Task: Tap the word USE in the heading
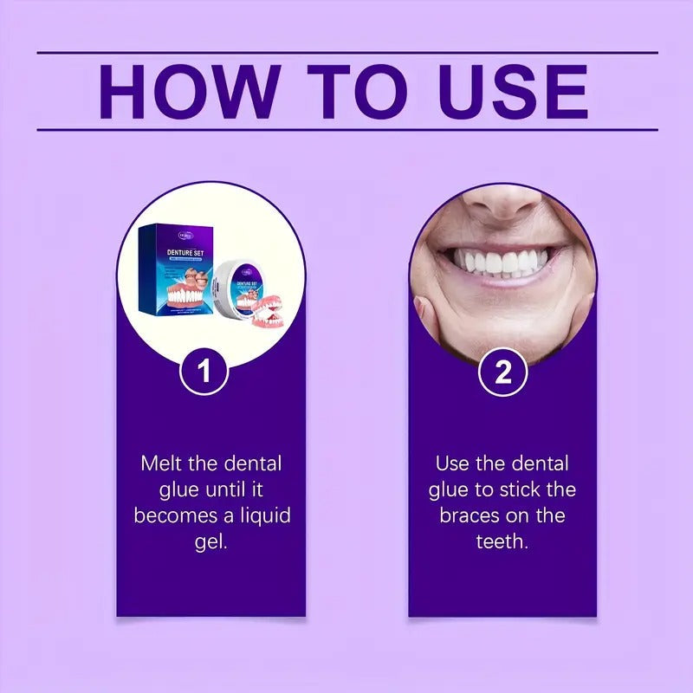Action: point(514,91)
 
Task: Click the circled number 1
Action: point(204,372)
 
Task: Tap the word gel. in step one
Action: point(211,543)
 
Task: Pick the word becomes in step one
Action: point(170,516)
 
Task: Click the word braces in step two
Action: point(470,516)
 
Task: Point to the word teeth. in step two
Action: point(502,543)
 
